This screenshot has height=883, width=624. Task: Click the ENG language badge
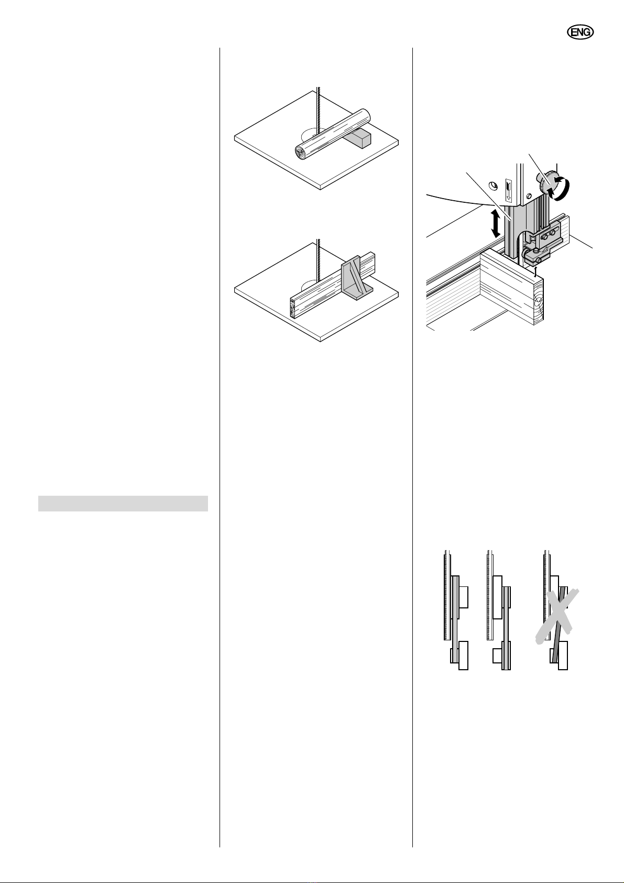[580, 32]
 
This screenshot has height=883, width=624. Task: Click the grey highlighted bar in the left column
[123, 504]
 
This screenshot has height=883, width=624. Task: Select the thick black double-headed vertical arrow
[496, 224]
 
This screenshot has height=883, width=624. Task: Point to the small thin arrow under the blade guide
[535, 271]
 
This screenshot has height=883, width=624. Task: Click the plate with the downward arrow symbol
[509, 190]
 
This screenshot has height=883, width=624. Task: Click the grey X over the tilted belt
[557, 616]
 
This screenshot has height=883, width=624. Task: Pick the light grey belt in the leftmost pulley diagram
[455, 618]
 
